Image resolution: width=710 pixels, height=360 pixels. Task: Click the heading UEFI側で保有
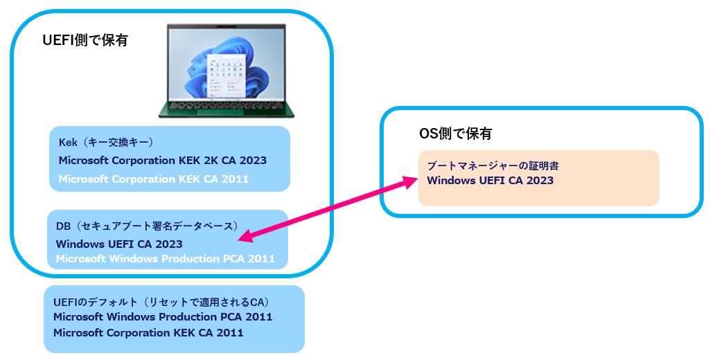85,41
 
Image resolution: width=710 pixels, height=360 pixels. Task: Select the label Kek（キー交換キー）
105,143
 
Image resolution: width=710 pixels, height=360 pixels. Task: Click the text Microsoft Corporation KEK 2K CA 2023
162,161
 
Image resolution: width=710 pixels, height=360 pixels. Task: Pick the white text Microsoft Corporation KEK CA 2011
153,179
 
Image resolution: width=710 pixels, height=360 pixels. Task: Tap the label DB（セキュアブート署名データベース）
147,226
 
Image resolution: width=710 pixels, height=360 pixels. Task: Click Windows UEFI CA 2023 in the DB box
119,244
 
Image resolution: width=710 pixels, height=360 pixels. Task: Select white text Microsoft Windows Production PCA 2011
165,259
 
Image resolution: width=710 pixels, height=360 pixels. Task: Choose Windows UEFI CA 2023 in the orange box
490,181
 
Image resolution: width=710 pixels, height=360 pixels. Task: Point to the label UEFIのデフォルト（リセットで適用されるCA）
161,303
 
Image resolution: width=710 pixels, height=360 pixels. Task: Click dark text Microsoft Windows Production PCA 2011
163,317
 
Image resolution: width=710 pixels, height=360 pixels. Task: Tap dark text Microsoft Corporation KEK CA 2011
148,332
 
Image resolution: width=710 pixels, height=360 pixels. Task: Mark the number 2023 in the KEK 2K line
253,161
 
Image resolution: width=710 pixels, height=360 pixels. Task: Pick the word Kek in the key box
68,143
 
